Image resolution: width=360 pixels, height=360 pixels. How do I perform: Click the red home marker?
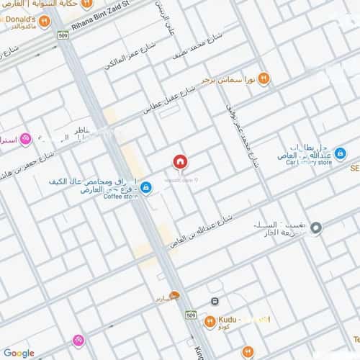pyautogui.click(x=179, y=162)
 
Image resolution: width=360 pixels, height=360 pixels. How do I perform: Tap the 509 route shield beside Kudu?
pyautogui.click(x=190, y=315)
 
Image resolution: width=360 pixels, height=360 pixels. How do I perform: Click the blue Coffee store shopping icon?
pyautogui.click(x=146, y=188)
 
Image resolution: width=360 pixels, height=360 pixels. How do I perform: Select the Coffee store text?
pyautogui.click(x=120, y=196)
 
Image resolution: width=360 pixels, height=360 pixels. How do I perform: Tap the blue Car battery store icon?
pyautogui.click(x=340, y=153)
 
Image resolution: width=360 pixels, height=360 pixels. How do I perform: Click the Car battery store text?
pyautogui.click(x=309, y=163)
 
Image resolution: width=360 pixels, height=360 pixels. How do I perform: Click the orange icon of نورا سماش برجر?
pyautogui.click(x=264, y=78)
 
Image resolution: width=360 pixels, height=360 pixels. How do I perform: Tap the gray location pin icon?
pyautogui.click(x=316, y=228)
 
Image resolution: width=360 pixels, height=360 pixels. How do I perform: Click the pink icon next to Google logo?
pyautogui.click(x=78, y=340)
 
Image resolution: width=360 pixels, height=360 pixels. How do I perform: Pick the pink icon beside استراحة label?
pyautogui.click(x=25, y=139)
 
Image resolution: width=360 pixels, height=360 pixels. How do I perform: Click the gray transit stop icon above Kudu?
pyautogui.click(x=215, y=302)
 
